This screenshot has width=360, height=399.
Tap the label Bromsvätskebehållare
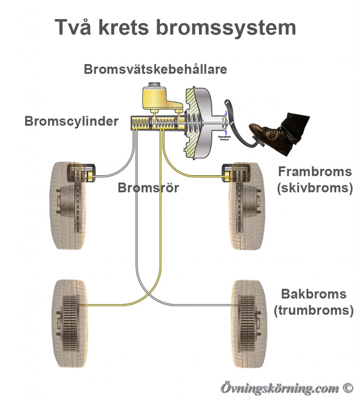coord(155,69)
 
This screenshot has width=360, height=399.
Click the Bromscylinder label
coord(71,121)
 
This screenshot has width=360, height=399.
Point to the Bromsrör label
coord(148,188)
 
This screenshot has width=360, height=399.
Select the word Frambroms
coord(315,171)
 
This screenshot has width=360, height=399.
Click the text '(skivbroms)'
coord(315,188)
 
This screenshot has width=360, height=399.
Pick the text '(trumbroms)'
coord(314,310)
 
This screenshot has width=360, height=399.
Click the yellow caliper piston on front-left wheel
coord(90,177)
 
